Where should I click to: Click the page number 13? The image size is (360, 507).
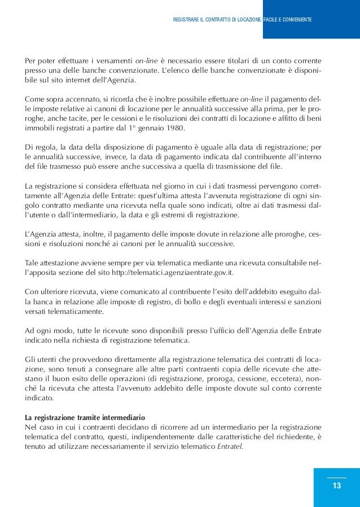[336, 486]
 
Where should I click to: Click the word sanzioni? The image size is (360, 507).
[306, 301]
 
